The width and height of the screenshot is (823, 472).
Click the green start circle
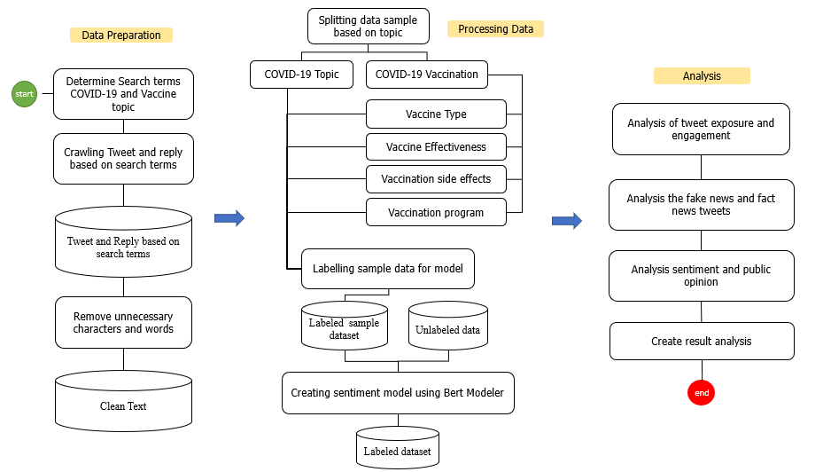tap(24, 94)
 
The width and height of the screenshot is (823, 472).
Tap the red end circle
tap(701, 392)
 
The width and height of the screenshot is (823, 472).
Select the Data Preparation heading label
tap(121, 35)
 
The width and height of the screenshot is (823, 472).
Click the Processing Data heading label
tap(495, 28)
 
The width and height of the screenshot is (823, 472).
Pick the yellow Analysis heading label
tap(702, 76)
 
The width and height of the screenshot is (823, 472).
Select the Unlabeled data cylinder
tap(447, 326)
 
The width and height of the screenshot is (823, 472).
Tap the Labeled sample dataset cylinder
tap(345, 326)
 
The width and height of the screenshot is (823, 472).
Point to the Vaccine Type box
tap(436, 114)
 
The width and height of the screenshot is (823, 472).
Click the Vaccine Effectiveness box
tap(436, 146)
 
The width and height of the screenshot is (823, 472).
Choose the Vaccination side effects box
tap(436, 179)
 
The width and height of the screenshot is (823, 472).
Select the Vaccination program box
tap(436, 213)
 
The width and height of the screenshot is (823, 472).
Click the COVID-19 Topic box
tap(301, 75)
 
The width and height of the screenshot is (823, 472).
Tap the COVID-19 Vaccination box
tap(426, 75)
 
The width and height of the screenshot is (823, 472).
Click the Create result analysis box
tap(702, 342)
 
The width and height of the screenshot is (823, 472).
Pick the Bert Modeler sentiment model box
tap(397, 393)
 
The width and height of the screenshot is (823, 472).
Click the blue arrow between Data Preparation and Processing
tap(229, 218)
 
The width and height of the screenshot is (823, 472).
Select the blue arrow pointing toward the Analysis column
tap(567, 221)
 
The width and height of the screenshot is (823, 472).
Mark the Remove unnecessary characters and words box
tap(123, 323)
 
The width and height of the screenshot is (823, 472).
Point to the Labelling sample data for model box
tap(387, 268)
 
